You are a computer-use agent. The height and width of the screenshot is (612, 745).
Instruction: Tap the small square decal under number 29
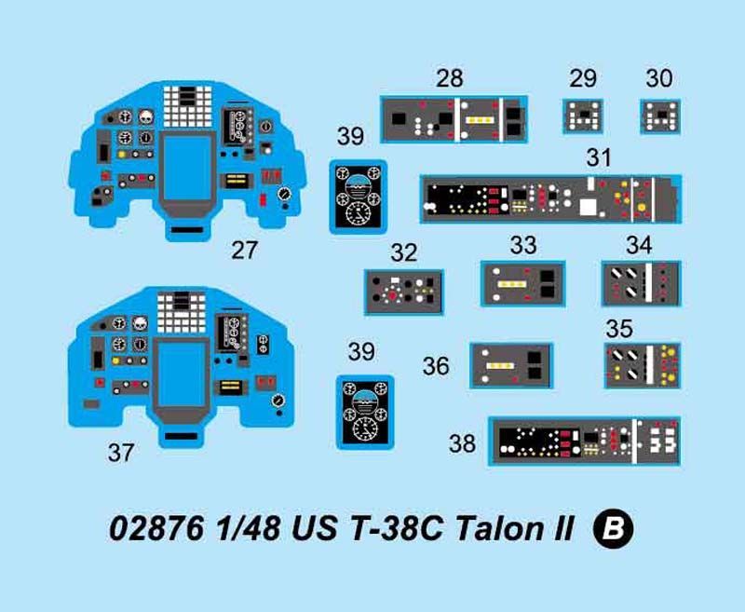pyautogui.click(x=583, y=116)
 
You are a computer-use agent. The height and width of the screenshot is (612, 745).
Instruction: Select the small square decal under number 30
pyautogui.click(x=660, y=116)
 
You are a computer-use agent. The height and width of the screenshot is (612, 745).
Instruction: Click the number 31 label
pyautogui.click(x=598, y=157)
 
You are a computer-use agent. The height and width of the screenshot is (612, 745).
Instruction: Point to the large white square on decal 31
pyautogui.click(x=588, y=208)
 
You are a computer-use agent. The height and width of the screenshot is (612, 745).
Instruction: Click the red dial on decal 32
pyautogui.click(x=392, y=295)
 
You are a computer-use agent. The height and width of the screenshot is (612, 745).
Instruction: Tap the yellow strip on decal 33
pyautogui.click(x=511, y=284)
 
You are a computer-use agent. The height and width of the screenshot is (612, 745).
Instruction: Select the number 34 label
pyautogui.click(x=639, y=245)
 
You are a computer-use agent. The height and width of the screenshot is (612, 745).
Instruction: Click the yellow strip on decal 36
pyautogui.click(x=500, y=366)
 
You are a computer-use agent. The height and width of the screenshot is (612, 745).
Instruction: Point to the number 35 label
pyautogui.click(x=619, y=328)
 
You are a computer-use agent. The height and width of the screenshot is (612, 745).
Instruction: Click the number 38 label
pyautogui.click(x=462, y=443)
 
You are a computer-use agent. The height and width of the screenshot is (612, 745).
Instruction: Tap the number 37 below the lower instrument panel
pyautogui.click(x=121, y=453)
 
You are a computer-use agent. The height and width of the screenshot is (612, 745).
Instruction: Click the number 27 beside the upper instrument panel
pyautogui.click(x=244, y=251)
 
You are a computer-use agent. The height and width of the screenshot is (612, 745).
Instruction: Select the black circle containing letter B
pyautogui.click(x=613, y=528)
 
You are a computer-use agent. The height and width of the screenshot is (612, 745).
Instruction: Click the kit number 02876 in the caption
pyautogui.click(x=156, y=528)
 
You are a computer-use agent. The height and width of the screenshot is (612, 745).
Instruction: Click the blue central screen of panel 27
pyautogui.click(x=187, y=168)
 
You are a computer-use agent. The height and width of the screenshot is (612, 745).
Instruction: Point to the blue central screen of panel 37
pyautogui.click(x=181, y=374)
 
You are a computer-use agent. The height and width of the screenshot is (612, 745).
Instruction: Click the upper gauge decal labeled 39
pyautogui.click(x=359, y=197)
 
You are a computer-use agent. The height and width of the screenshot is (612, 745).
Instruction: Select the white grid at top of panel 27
pyautogui.click(x=187, y=106)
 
